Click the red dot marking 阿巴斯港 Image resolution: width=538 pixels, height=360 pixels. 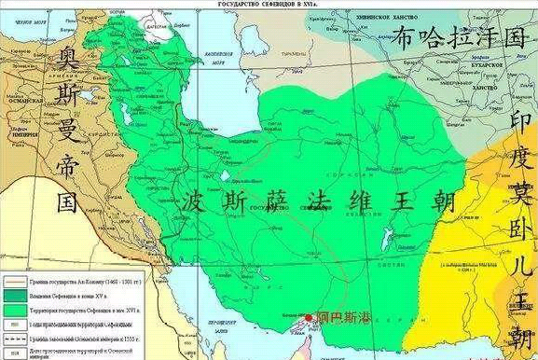309,318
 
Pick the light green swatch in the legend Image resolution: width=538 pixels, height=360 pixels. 16,312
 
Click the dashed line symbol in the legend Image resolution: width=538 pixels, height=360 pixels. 16,339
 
